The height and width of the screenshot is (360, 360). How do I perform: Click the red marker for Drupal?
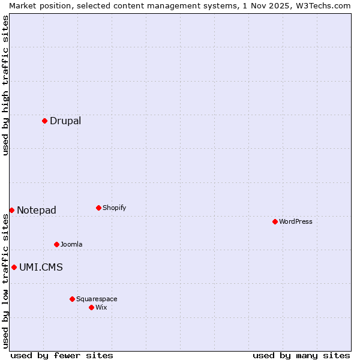[x=44, y=121]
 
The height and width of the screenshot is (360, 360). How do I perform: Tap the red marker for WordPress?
[x=275, y=221]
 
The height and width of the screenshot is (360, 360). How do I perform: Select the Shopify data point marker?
[x=98, y=208]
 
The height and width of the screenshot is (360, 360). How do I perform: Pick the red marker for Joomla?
[x=56, y=244]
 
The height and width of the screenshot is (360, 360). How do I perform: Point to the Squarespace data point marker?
[x=72, y=299]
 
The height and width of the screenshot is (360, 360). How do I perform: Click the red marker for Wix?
[x=91, y=307]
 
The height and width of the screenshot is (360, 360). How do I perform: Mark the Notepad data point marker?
[x=11, y=210]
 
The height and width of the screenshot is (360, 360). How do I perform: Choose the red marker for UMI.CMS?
[x=14, y=267]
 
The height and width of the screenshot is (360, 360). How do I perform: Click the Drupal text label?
[x=65, y=121]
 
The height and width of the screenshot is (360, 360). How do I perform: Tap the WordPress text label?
[x=296, y=221]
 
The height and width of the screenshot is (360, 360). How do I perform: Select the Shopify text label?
[x=114, y=208]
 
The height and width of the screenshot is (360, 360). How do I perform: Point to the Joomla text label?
[x=71, y=244]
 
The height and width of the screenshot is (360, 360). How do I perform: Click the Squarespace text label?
[x=97, y=299]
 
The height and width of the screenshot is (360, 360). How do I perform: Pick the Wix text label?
[x=101, y=307]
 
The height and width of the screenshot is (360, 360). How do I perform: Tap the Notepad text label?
[x=37, y=210]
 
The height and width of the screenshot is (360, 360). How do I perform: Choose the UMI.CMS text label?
[x=41, y=267]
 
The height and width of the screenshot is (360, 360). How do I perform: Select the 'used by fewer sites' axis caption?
[x=62, y=355]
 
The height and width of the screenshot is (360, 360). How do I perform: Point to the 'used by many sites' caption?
[x=301, y=355]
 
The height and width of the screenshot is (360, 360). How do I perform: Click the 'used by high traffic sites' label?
[x=5, y=85]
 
